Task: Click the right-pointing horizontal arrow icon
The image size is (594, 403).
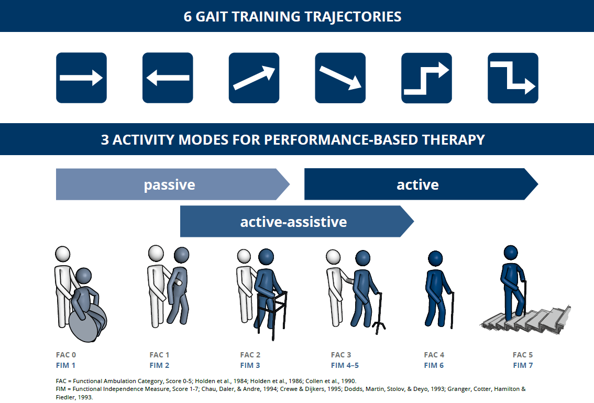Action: click(81, 78)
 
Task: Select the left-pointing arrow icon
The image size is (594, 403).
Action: click(168, 78)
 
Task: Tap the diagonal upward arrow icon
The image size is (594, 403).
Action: click(254, 78)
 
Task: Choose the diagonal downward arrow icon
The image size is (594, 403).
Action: click(340, 78)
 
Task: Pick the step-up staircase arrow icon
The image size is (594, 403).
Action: click(426, 78)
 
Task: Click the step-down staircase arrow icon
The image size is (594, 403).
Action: click(513, 78)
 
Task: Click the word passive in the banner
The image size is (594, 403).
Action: click(169, 185)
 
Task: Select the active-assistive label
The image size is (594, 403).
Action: click(293, 222)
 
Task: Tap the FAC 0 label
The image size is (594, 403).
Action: click(66, 355)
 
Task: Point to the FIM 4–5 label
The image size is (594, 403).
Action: click(345, 365)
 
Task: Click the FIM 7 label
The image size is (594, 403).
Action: click(522, 365)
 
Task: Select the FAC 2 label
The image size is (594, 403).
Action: click(250, 355)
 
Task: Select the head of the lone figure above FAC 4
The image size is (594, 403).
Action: click(435, 258)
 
